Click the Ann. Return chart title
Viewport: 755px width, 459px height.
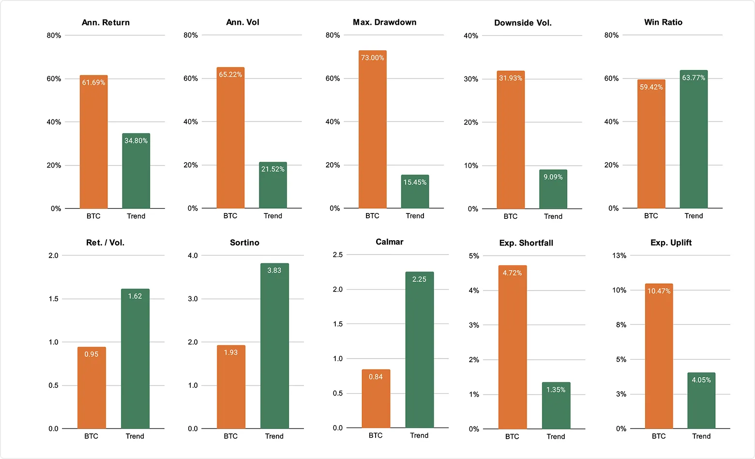point(106,22)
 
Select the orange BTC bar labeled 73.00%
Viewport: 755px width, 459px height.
point(372,131)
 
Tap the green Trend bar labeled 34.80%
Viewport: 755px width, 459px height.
point(136,172)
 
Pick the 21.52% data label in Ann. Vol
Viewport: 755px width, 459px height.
point(273,169)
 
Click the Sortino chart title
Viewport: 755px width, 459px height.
point(244,243)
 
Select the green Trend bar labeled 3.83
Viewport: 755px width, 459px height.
point(274,346)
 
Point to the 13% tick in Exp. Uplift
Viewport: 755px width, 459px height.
point(619,256)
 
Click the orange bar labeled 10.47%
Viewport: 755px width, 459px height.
point(659,358)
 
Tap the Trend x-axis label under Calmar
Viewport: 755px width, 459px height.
point(419,435)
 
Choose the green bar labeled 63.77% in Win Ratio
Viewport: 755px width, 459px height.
point(694,140)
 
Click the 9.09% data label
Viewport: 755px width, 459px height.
point(553,177)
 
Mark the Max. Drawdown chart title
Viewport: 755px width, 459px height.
point(384,22)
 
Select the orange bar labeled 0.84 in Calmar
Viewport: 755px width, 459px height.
point(376,399)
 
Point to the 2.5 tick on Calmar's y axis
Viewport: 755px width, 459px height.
point(338,255)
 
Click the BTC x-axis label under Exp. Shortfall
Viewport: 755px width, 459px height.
point(512,436)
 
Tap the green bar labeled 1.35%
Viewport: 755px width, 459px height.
point(556,407)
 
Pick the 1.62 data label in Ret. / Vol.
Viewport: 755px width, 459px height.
point(135,296)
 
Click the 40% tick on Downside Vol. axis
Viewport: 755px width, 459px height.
point(471,36)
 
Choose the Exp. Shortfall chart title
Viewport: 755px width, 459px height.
point(526,243)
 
